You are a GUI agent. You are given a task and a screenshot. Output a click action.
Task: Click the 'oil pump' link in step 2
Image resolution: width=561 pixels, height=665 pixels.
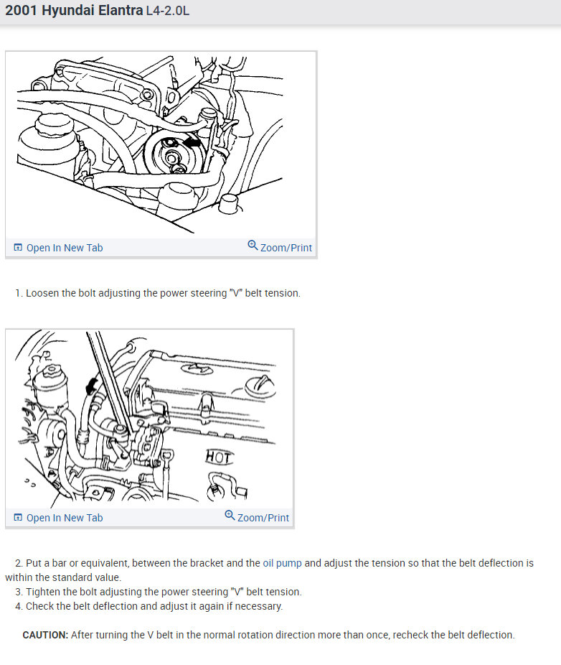282,563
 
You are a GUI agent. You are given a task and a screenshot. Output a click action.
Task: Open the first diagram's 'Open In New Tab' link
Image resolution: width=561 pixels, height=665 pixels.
59,248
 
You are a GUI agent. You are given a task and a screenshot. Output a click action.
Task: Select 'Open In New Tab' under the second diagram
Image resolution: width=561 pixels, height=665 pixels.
59,518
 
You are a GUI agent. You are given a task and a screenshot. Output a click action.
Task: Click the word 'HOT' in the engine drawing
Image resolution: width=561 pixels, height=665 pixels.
219,457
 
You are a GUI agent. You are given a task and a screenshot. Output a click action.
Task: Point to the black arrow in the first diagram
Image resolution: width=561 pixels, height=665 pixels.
193,142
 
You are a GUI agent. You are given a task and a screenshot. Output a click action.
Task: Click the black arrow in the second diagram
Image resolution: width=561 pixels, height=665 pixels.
90,385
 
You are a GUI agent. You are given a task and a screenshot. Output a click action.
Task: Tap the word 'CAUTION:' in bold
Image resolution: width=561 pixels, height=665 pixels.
45,635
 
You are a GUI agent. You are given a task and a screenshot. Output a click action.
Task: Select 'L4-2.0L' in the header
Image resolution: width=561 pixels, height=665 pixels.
168,11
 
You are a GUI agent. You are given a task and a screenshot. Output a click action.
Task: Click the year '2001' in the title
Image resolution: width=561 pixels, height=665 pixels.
22,10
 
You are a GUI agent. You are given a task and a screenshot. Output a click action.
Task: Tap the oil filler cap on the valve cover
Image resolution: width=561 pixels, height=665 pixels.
260,386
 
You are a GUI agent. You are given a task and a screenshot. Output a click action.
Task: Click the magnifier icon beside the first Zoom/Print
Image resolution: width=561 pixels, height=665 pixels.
253,245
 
